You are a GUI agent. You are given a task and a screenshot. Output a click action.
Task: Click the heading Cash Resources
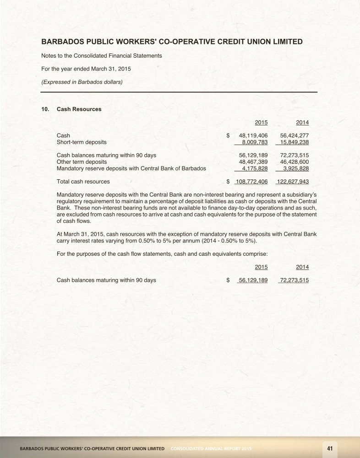click(79, 109)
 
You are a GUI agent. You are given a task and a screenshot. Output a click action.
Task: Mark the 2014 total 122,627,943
click(293, 182)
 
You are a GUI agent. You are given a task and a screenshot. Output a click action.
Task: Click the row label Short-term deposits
click(81, 142)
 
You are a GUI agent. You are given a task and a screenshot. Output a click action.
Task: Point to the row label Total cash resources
click(83, 182)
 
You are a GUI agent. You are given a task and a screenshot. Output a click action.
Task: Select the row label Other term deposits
click(82, 162)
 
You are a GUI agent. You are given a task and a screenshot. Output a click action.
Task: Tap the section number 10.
click(45, 109)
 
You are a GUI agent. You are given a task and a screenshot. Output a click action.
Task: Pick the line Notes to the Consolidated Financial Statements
click(101, 55)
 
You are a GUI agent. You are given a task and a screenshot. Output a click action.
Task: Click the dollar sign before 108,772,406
click(229, 182)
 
